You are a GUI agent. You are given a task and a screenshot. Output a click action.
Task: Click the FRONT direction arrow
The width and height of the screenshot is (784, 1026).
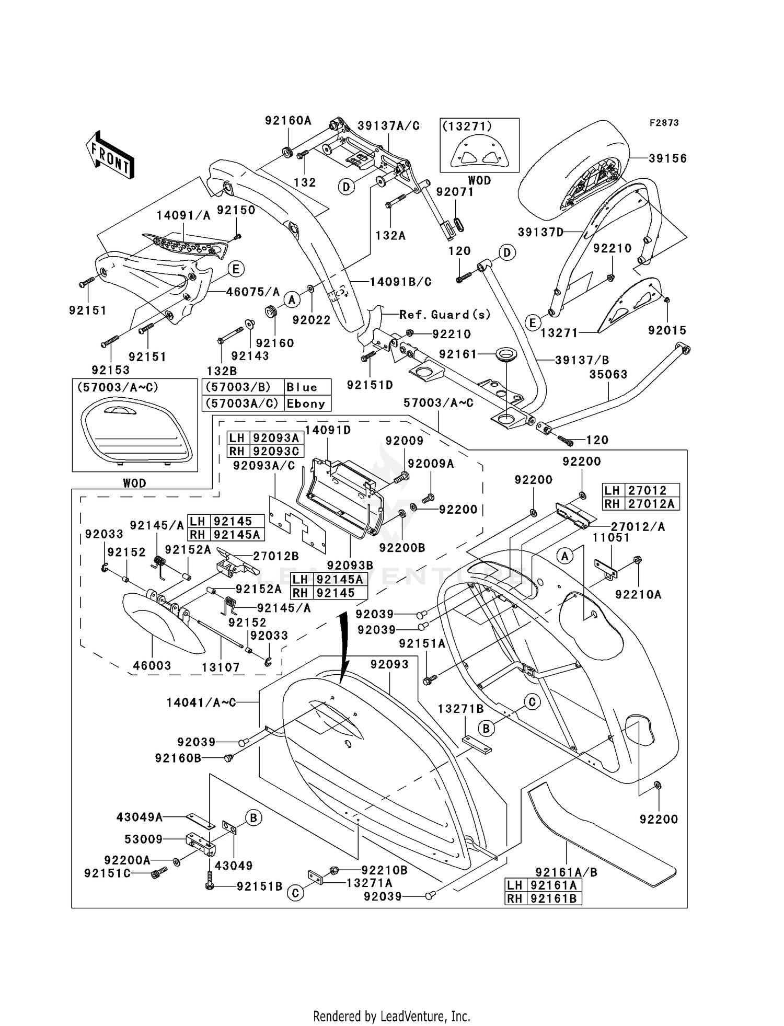point(110,156)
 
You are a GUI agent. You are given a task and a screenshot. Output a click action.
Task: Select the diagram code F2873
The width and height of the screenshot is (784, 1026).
point(664,123)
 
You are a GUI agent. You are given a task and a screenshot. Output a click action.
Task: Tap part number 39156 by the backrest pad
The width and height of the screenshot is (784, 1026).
point(667,158)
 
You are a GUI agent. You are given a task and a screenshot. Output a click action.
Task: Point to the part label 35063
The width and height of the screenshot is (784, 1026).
point(608,374)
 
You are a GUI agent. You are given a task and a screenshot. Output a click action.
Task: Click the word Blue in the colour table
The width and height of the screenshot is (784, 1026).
point(302,387)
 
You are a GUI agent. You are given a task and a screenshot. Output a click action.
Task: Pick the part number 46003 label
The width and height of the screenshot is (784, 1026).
point(152,665)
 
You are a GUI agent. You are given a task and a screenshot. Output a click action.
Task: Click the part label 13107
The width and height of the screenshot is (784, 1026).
point(221,667)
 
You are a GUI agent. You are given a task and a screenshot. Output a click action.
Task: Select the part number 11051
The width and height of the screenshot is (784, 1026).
point(611,537)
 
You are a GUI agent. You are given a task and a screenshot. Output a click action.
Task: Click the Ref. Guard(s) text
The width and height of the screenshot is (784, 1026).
point(445,315)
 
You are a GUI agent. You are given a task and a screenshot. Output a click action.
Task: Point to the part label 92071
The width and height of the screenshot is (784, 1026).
point(455,192)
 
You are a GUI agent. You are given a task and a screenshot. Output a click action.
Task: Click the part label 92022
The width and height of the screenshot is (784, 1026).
point(312,320)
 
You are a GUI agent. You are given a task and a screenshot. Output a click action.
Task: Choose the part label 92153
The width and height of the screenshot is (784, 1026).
point(110,370)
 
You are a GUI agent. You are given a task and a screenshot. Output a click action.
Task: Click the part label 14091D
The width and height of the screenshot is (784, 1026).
point(328,430)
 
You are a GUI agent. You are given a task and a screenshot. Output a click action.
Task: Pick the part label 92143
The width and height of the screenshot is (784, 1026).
point(250,356)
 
